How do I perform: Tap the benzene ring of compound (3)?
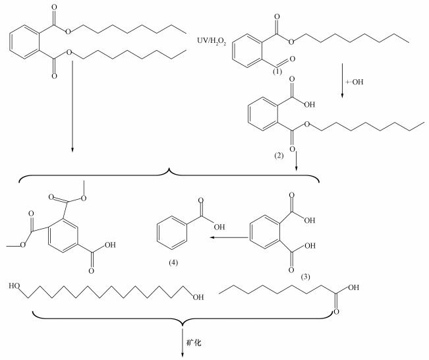click(x=265, y=233)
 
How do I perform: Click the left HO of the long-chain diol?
click(x=16, y=288)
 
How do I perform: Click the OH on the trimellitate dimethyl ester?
click(x=109, y=245)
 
